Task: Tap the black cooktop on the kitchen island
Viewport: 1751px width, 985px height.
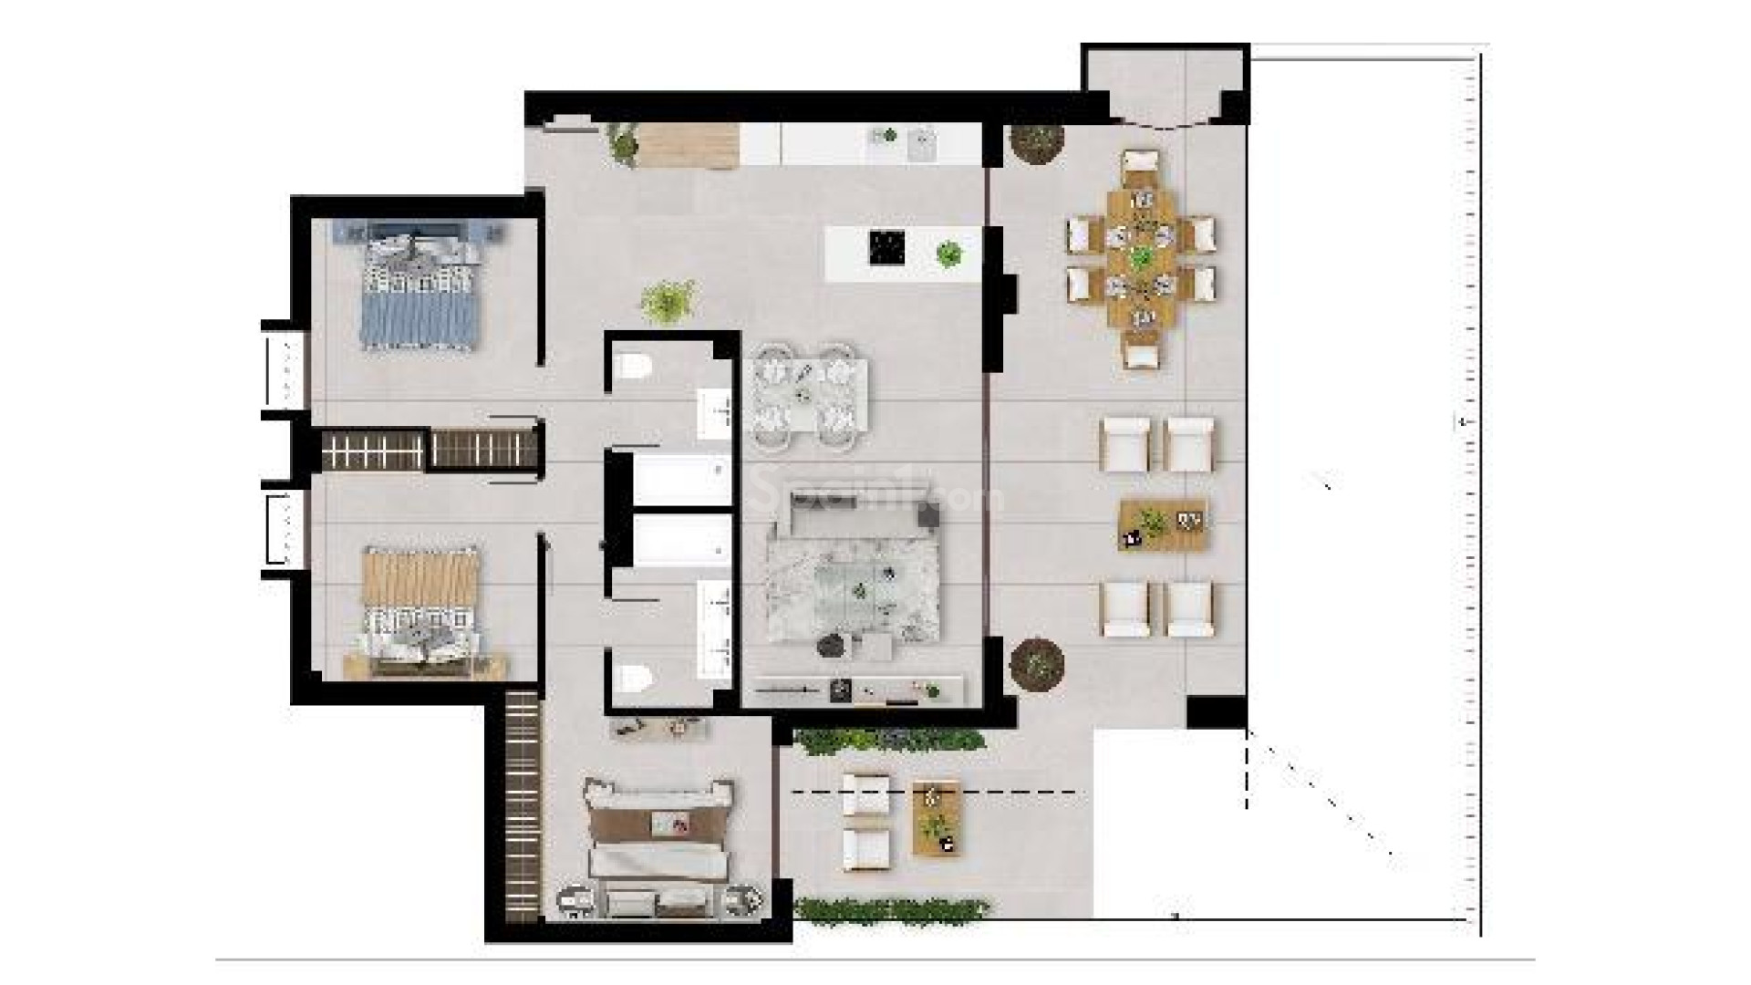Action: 886,246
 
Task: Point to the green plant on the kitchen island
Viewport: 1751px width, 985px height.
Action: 949,253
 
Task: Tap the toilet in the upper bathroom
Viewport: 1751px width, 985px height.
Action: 631,368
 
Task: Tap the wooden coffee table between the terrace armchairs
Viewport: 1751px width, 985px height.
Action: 1162,525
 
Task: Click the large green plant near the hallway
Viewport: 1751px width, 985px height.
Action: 668,301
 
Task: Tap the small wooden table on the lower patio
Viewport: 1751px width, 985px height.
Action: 937,818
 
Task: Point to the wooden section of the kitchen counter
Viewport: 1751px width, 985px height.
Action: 689,146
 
